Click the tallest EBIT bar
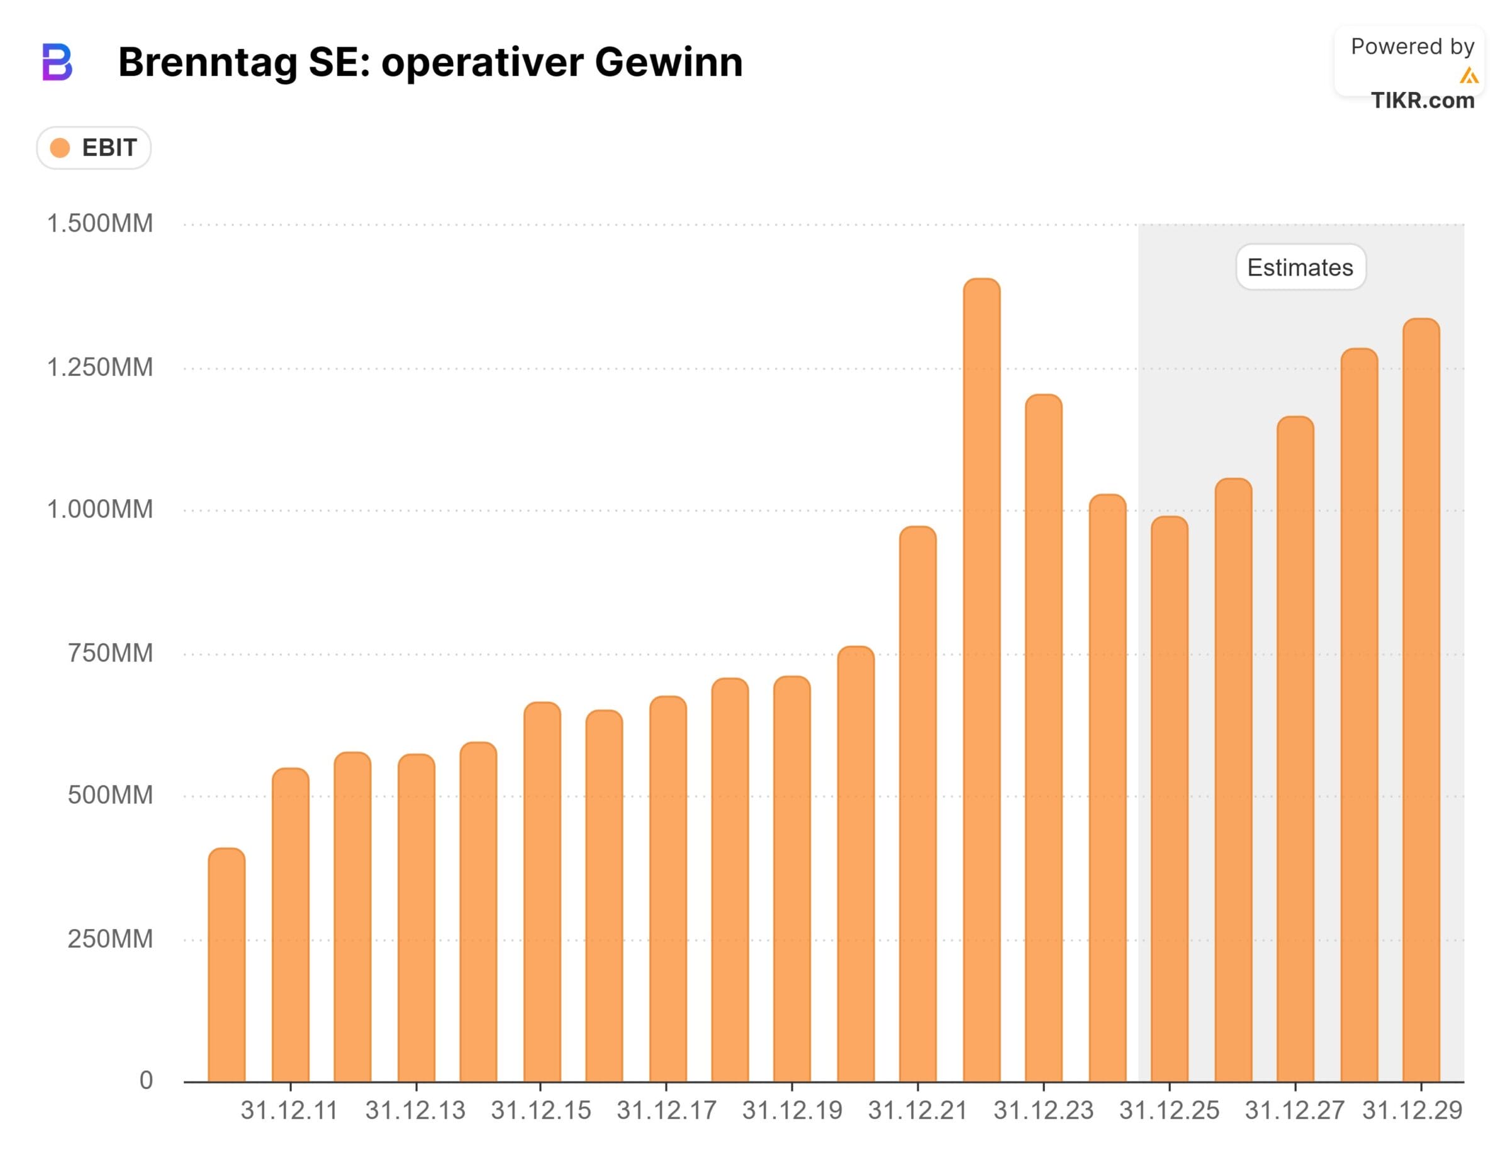pos(981,681)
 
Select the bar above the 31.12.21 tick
pos(917,806)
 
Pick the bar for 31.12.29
pos(1421,702)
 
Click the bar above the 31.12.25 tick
pos(1169,800)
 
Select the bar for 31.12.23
pos(1043,740)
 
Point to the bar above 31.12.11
pos(291,926)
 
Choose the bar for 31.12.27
pos(1295,750)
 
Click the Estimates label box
pos(1300,268)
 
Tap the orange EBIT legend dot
pos(60,148)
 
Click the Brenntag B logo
pos(57,62)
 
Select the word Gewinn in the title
pos(668,62)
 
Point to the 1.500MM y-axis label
pos(99,223)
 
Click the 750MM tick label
pos(110,653)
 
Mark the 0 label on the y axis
pos(146,1080)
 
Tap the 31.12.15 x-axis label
pos(540,1111)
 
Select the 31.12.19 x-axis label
pos(792,1111)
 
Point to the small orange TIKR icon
pos(1469,76)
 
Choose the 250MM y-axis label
pos(110,939)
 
